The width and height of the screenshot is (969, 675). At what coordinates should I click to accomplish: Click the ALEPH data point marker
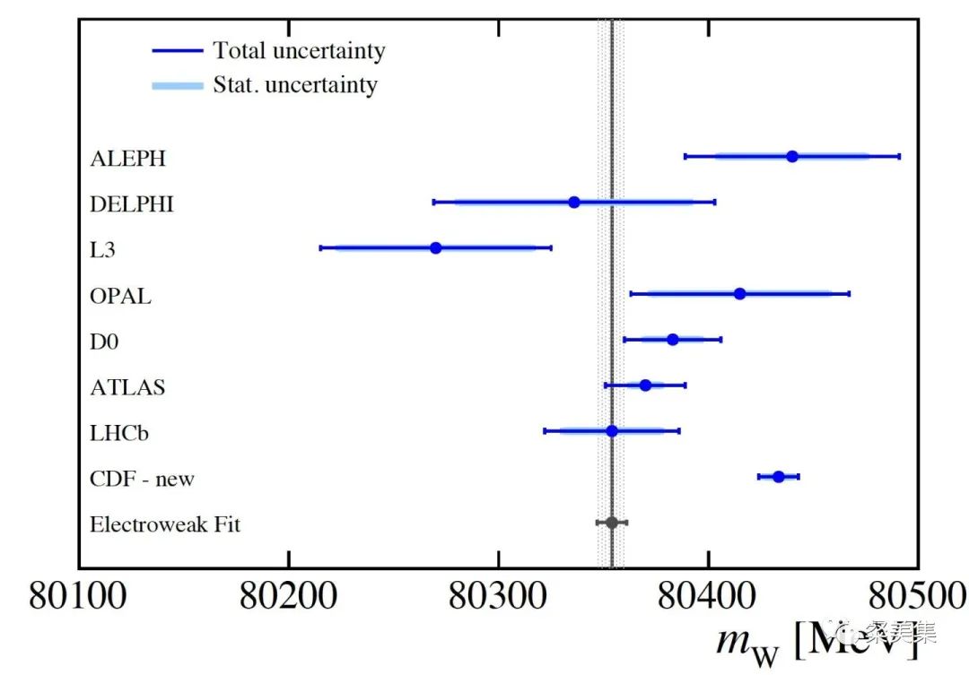792,156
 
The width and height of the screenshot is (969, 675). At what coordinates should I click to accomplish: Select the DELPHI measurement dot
574,202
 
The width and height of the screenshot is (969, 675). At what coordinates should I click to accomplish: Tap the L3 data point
436,247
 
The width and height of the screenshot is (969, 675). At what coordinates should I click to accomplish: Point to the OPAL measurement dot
739,293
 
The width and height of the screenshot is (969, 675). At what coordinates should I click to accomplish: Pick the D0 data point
673,339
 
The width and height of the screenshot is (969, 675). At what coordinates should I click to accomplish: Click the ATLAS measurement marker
645,385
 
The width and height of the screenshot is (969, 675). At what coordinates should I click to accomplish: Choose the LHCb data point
612,430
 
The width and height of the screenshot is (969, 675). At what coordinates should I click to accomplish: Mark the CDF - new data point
778,476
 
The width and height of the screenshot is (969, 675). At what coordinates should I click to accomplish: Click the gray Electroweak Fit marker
612,522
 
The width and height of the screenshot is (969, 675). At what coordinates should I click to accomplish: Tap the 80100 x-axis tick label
79,595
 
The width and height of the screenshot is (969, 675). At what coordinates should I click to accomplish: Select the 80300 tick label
498,595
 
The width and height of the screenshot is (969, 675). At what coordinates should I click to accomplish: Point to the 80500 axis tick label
917,595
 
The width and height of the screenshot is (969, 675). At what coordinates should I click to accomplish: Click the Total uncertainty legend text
299,50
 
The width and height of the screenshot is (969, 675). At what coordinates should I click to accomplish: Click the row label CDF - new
142,479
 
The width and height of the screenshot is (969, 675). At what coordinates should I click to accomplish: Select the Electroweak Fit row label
165,524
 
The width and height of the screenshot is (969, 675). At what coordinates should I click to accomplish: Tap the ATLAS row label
127,387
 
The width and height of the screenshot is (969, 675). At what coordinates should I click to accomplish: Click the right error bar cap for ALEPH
899,156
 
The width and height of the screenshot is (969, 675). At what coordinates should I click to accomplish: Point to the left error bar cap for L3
320,247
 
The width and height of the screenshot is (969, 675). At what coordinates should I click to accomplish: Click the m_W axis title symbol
745,641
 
